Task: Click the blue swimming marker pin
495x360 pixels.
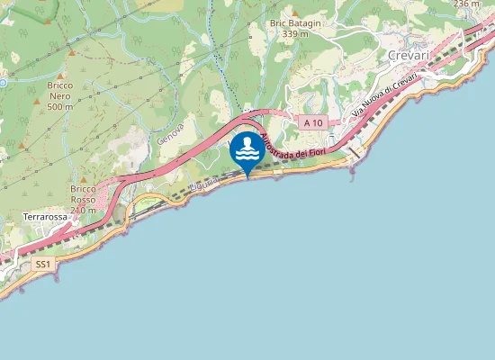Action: click(x=247, y=151)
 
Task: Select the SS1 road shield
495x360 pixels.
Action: click(x=42, y=265)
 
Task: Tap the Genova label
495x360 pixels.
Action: click(x=168, y=135)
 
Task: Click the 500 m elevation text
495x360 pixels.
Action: click(x=59, y=107)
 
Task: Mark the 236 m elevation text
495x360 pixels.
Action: click(x=467, y=4)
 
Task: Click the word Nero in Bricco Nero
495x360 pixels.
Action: click(x=59, y=95)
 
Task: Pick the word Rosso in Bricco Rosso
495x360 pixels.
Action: click(x=82, y=199)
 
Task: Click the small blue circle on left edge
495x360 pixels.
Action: click(x=3, y=82)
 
